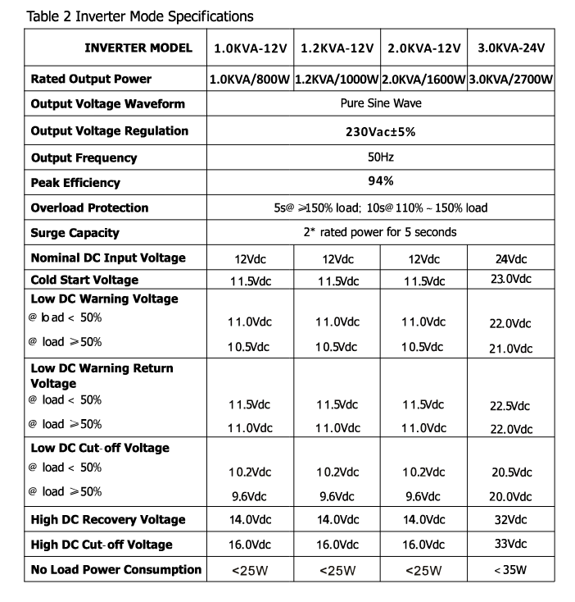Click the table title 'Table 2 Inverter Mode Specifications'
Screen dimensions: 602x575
coord(140,16)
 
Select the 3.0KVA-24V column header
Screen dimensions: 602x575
coord(510,48)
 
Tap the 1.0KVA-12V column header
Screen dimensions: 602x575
coord(250,48)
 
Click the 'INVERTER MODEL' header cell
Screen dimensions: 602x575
coord(138,48)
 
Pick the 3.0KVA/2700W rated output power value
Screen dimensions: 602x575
coord(510,80)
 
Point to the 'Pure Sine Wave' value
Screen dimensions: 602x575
coord(381,104)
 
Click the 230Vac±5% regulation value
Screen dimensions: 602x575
coord(381,131)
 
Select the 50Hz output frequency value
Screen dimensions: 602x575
coord(381,157)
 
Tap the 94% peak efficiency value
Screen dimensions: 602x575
coord(381,181)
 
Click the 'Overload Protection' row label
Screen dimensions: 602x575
coord(89,208)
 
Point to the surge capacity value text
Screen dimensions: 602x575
coord(380,232)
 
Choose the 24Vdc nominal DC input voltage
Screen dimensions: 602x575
coord(510,259)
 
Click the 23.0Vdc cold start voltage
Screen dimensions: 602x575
coord(510,279)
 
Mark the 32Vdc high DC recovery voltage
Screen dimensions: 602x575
coord(510,519)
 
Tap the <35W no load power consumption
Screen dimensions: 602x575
coord(510,570)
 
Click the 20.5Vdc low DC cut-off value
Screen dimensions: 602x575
coord(510,472)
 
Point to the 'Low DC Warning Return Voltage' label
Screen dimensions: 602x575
coord(102,376)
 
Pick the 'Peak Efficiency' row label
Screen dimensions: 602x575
coord(75,182)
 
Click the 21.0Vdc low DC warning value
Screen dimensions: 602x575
coord(510,349)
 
